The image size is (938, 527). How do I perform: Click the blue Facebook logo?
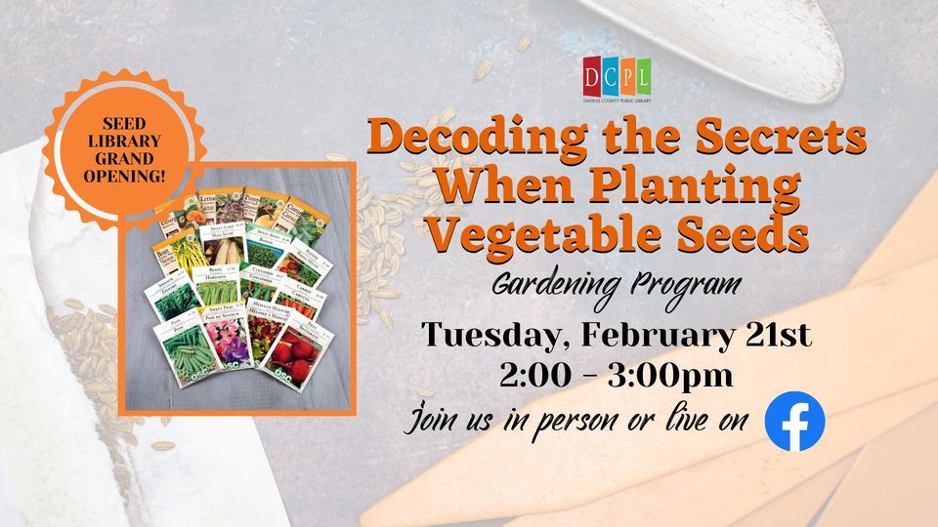[x=794, y=421]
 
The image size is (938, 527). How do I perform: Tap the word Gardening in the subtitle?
[x=548, y=287]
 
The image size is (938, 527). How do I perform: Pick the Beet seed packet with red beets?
[x=304, y=352]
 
